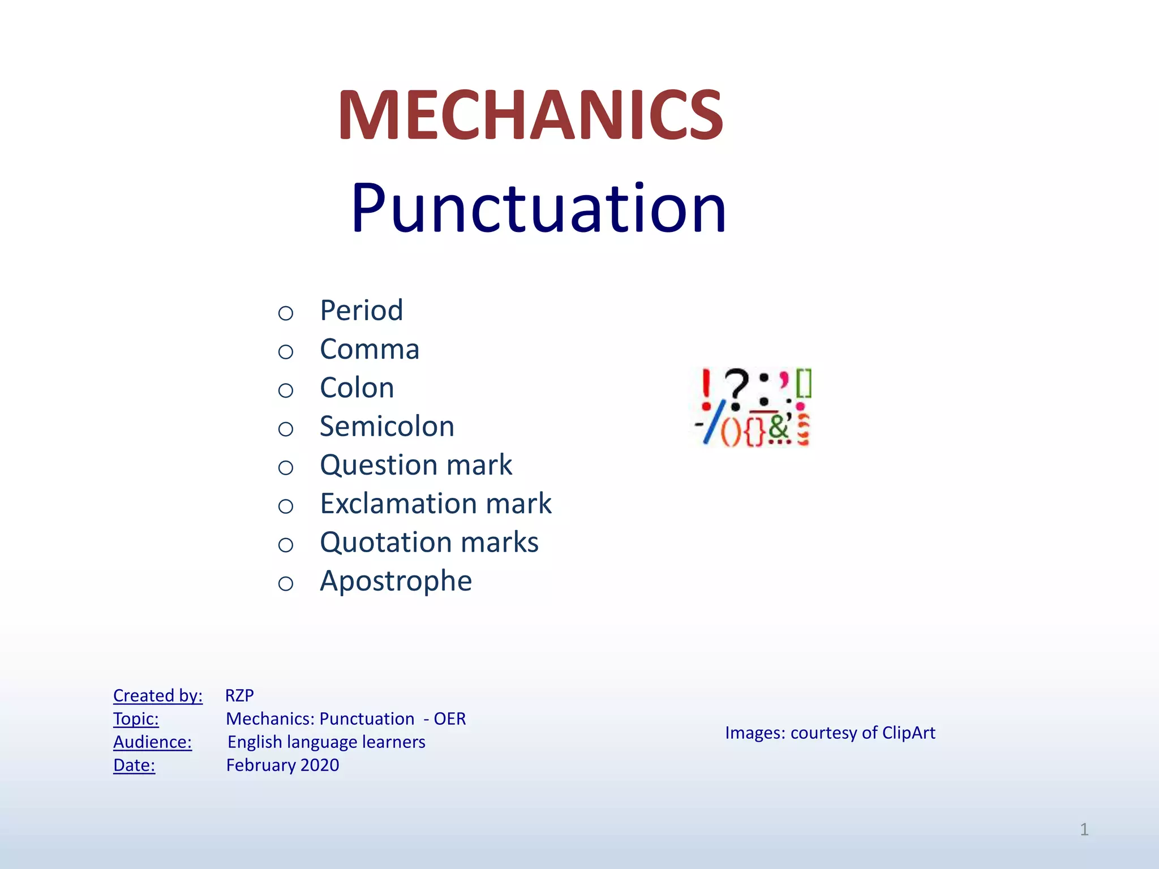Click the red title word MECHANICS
point(530,115)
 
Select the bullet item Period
point(361,311)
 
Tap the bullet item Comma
point(369,349)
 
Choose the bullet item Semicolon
point(387,427)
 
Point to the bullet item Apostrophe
point(396,581)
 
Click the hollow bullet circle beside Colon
point(286,390)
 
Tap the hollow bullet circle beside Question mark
point(286,468)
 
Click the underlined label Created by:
point(157,695)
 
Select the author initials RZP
point(239,695)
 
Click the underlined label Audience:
point(152,742)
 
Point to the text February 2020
point(282,765)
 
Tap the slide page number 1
point(1084,829)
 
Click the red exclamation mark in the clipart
point(706,388)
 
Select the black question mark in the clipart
point(736,388)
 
